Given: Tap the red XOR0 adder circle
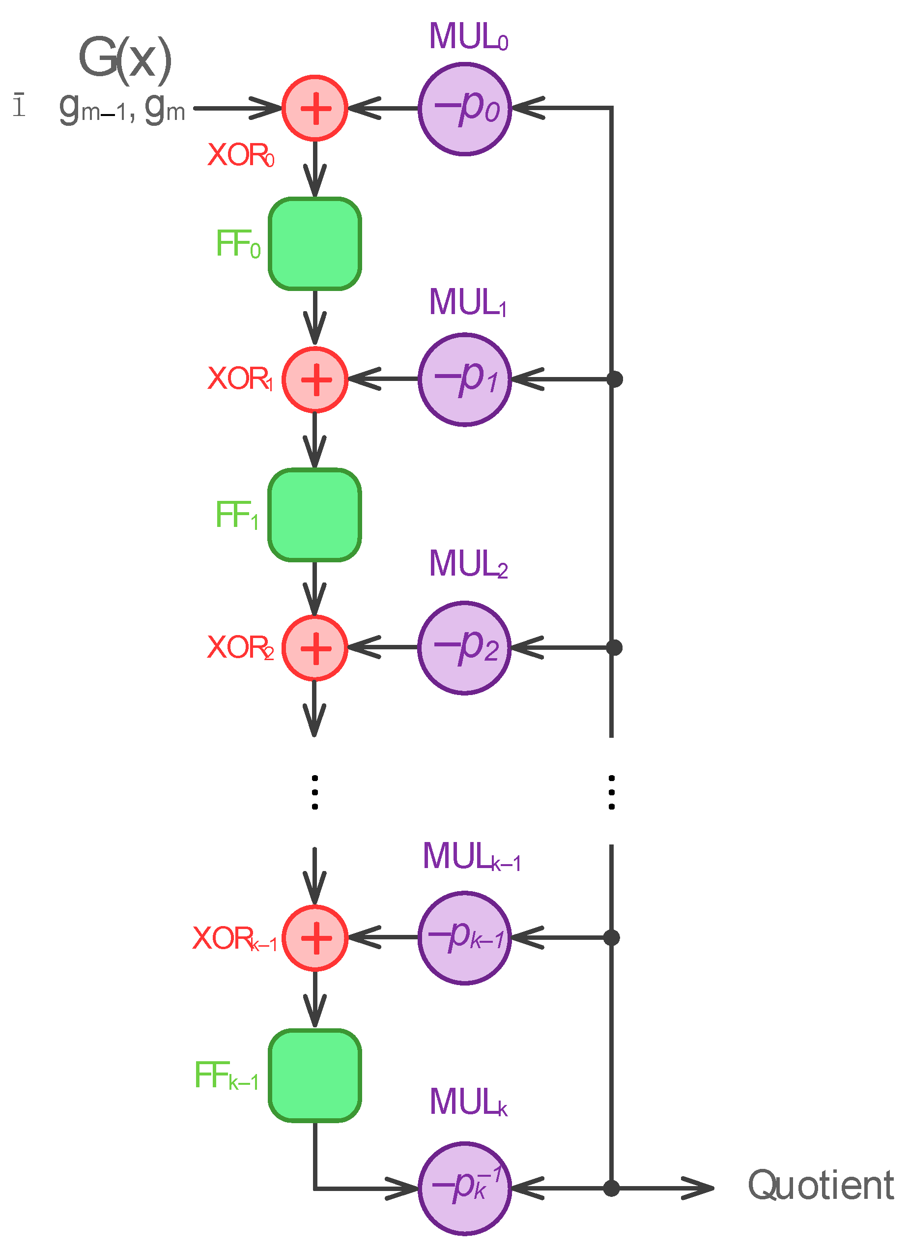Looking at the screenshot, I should (314, 108).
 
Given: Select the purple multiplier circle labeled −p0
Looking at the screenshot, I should (465, 109).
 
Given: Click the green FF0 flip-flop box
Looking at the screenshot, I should (314, 243).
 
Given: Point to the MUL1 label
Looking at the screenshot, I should (467, 302).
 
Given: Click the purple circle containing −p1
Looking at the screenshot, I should (465, 379).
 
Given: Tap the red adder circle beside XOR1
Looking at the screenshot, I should (314, 379).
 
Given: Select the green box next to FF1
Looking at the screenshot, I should (314, 515).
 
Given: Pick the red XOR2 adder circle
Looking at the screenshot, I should (314, 648).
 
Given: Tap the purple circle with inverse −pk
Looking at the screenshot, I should (465, 1188).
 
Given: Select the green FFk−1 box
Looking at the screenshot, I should (314, 1075).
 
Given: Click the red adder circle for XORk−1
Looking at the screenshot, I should (314, 938).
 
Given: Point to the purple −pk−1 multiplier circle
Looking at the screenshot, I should (465, 938).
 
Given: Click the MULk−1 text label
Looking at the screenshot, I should (471, 856).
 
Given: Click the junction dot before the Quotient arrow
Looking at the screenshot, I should (611, 1188).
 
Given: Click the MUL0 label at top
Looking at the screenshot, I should (468, 36).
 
